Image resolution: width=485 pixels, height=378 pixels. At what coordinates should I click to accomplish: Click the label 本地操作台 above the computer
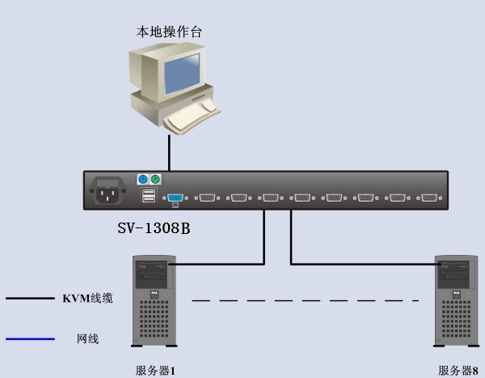click(169, 32)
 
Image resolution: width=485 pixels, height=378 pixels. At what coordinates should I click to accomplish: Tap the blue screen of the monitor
click(182, 74)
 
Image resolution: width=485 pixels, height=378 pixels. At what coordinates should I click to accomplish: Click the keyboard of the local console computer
click(192, 117)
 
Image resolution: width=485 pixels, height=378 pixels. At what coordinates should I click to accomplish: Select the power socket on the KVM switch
click(108, 191)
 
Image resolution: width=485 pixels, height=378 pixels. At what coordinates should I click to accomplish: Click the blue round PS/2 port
click(142, 180)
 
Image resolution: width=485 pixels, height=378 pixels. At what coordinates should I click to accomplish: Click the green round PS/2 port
click(155, 180)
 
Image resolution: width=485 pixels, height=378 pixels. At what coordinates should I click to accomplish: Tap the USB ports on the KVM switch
click(149, 196)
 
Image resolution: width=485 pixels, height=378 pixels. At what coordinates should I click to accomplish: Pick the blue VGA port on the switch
click(175, 197)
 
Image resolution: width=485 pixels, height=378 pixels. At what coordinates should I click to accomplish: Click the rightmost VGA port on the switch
click(429, 197)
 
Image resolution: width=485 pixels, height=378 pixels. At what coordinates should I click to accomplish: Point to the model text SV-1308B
click(154, 228)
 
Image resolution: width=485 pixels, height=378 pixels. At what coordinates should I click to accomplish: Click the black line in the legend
click(30, 299)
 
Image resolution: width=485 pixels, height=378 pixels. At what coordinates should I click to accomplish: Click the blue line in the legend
click(30, 339)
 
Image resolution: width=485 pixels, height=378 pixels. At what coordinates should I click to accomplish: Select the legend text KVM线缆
click(87, 299)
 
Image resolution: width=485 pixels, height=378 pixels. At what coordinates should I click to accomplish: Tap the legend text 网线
click(88, 339)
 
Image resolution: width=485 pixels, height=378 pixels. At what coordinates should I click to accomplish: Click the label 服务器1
click(155, 371)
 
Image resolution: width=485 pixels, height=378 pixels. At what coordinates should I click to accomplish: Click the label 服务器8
click(458, 371)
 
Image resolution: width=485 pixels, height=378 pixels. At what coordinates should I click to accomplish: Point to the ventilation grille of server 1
click(154, 319)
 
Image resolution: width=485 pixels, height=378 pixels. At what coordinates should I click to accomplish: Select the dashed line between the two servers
click(305, 300)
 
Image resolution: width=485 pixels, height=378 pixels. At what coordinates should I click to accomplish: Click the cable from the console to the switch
click(169, 153)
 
